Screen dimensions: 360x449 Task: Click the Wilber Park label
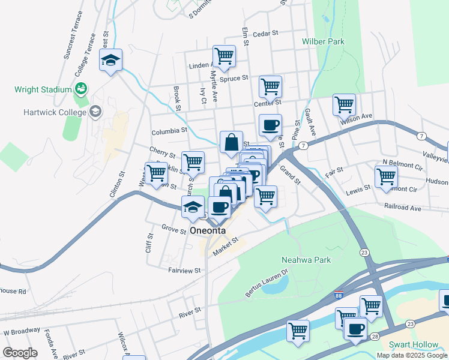coord(323,42)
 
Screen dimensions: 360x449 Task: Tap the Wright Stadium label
coord(43,90)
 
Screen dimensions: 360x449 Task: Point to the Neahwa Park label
coord(307,260)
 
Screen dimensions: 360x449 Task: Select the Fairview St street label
coord(184,271)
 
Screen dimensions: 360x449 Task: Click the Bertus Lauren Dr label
coord(267,287)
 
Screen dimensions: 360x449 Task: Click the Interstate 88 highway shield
coord(339,296)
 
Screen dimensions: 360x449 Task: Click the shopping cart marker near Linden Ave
coord(224,56)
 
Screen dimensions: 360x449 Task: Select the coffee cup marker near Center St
coord(270,125)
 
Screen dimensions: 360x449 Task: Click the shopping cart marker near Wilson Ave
coord(344,104)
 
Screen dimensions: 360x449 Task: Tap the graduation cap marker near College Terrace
coord(110,60)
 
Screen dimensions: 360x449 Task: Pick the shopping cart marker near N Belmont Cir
coord(385,176)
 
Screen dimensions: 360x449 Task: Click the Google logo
coord(20,353)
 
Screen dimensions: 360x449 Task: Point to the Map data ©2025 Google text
coord(412,355)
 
